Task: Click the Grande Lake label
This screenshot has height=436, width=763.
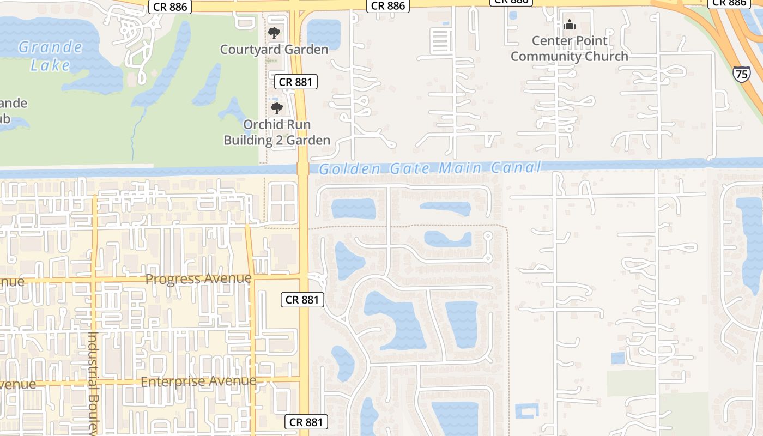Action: [50, 56]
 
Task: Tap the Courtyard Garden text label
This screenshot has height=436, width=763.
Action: [274, 50]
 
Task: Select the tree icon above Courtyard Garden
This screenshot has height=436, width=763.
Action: [274, 33]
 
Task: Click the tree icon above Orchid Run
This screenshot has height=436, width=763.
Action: [277, 108]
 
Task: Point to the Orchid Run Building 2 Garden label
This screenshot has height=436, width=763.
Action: [277, 132]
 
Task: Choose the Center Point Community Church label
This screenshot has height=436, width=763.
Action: [570, 49]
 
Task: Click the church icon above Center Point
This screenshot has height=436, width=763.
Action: [570, 25]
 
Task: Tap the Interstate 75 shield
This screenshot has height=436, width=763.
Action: [741, 74]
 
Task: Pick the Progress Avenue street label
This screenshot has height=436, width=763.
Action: [198, 279]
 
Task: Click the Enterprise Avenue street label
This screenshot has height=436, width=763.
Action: [198, 381]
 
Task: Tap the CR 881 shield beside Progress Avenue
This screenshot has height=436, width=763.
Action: [302, 299]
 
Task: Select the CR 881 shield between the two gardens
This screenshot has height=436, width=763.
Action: [295, 82]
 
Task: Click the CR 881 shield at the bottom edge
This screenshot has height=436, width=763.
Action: [306, 422]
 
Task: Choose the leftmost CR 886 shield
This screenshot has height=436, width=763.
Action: [170, 7]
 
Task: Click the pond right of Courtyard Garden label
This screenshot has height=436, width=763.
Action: [324, 33]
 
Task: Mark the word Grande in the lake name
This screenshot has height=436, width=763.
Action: [50, 47]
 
